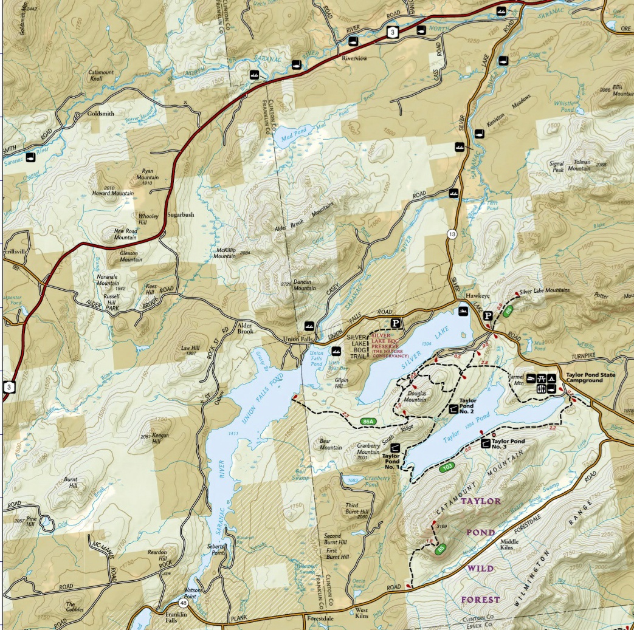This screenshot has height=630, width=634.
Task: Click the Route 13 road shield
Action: pos(452,234)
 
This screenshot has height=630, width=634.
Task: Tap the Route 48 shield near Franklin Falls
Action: pos(183,603)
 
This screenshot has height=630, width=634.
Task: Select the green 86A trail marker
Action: pos(367,421)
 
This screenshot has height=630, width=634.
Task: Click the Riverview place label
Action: pos(355,59)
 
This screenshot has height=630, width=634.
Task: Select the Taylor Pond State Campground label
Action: pos(590,378)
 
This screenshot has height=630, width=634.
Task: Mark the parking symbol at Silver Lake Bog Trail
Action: pos(396,323)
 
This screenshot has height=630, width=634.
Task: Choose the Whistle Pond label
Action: pos(567,106)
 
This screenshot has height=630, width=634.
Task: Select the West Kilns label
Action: pos(362,614)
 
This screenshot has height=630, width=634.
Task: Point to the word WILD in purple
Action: pos(480,569)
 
